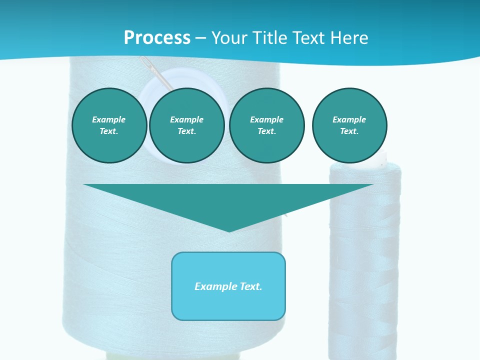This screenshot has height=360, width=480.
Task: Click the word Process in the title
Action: coord(157,38)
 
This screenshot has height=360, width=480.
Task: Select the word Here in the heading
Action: coord(349,38)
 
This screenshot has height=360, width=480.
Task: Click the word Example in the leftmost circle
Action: coord(109,119)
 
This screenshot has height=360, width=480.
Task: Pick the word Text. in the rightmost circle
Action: coord(349,131)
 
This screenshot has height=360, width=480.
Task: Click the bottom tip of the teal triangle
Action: coord(229,230)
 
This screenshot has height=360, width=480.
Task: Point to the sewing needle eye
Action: coord(145,62)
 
